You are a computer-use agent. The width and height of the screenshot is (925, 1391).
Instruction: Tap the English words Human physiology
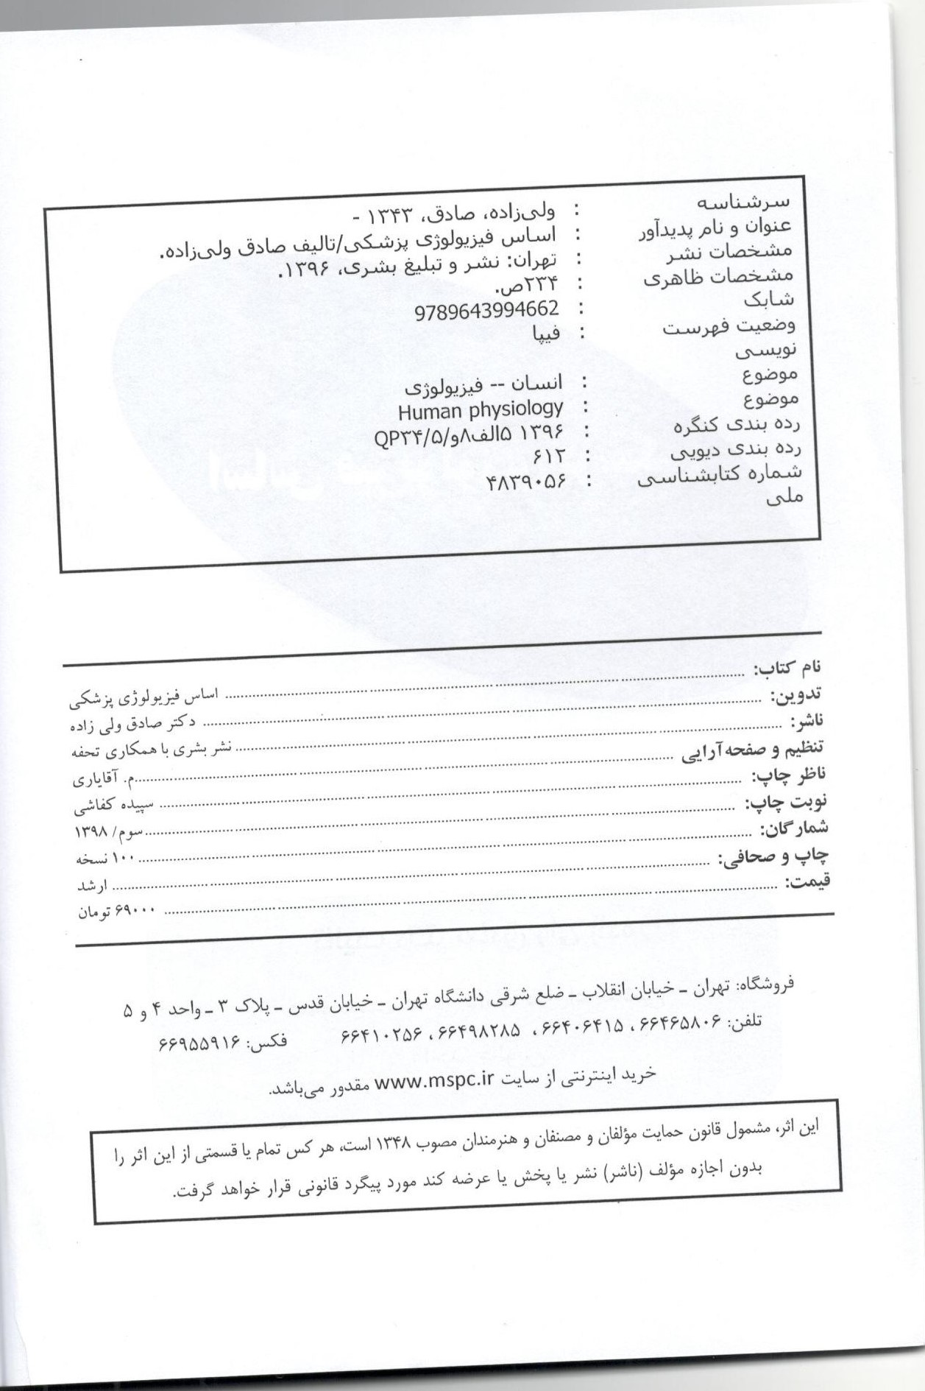click(480, 409)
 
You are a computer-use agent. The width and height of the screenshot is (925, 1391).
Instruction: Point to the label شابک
click(768, 300)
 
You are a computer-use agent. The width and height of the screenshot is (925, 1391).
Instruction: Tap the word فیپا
click(545, 334)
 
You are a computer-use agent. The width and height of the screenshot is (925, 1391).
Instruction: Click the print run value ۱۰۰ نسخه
click(107, 859)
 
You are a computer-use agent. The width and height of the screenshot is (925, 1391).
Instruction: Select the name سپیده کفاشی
click(113, 806)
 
